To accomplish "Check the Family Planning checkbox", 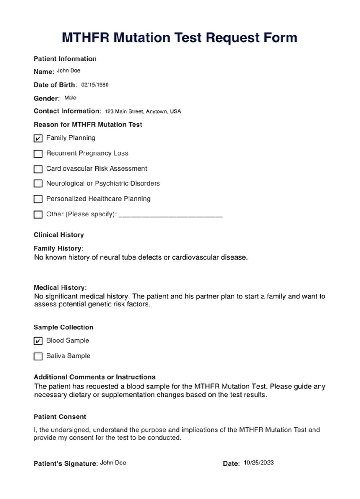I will pyautogui.click(x=38, y=138).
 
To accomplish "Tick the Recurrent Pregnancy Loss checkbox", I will pyautogui.click(x=38, y=153).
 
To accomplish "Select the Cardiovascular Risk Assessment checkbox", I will pyautogui.click(x=38, y=169).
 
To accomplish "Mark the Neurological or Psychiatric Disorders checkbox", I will pyautogui.click(x=38, y=183).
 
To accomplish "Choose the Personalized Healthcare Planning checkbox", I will pyautogui.click(x=38, y=199).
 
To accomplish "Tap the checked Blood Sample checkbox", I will pyautogui.click(x=38, y=341).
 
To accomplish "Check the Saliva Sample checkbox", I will pyautogui.click(x=38, y=356).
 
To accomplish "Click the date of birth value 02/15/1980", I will pyautogui.click(x=95, y=85).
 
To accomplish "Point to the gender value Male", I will pyautogui.click(x=70, y=98).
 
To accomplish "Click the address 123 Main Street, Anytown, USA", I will pyautogui.click(x=143, y=111).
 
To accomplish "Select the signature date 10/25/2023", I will pyautogui.click(x=258, y=463).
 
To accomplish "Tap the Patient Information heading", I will pyautogui.click(x=65, y=59).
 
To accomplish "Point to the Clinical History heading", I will pyautogui.click(x=58, y=235).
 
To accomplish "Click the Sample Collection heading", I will pyautogui.click(x=63, y=327).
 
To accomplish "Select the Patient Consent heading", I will pyautogui.click(x=60, y=417).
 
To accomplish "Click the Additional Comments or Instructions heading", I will pyautogui.click(x=94, y=377).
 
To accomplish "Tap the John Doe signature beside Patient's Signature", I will pyautogui.click(x=113, y=463).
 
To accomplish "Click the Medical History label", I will pyautogui.click(x=59, y=287).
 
